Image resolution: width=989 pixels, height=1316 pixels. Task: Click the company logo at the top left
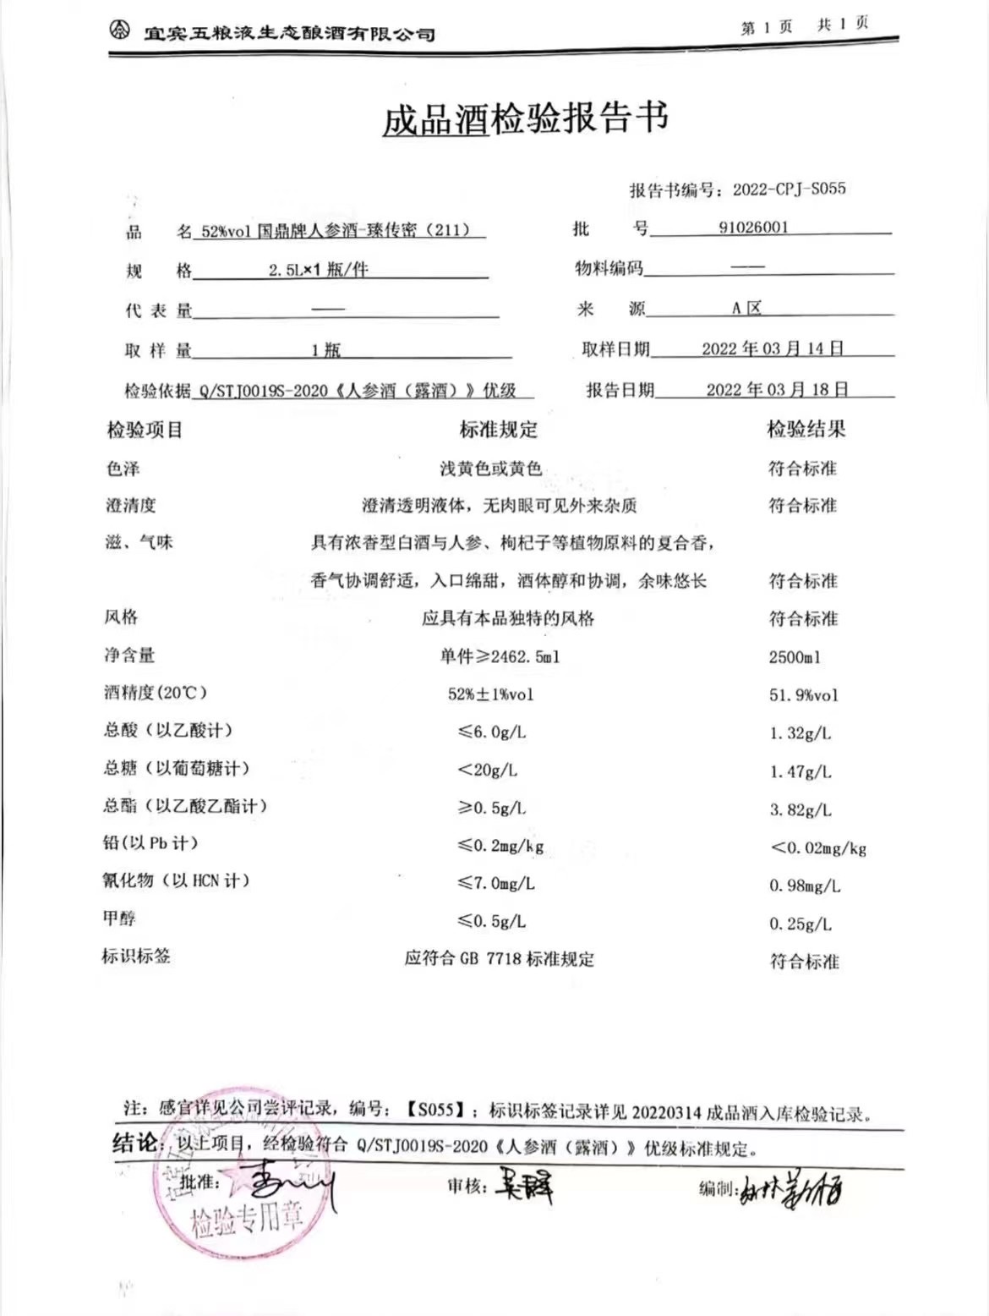pyautogui.click(x=120, y=31)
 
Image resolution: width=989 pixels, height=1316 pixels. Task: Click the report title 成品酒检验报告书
pyautogui.click(x=525, y=118)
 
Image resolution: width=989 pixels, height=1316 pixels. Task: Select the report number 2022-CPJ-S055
pyautogui.click(x=789, y=189)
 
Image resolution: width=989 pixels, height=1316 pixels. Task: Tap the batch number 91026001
pyautogui.click(x=753, y=227)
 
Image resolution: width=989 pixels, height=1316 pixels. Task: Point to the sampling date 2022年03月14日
pyautogui.click(x=773, y=348)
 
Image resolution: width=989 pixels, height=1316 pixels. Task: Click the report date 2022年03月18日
pyautogui.click(x=777, y=389)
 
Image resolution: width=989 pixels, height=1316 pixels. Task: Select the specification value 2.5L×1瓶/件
pyautogui.click(x=318, y=271)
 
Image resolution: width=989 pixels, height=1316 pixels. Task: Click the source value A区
pyautogui.click(x=746, y=308)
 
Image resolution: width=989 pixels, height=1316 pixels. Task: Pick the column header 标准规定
pyautogui.click(x=498, y=430)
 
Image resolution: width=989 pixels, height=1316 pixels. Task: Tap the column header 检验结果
pyautogui.click(x=806, y=429)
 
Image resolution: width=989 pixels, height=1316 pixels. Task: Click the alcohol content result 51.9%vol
pyautogui.click(x=803, y=695)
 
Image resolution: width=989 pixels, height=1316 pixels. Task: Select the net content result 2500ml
pyautogui.click(x=795, y=657)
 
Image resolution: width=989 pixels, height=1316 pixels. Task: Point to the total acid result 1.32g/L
pyautogui.click(x=800, y=733)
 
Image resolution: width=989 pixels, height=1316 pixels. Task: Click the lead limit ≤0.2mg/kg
pyautogui.click(x=500, y=845)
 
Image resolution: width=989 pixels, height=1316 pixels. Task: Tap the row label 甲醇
pyautogui.click(x=119, y=918)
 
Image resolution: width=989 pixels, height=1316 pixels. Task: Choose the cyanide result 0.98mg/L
pyautogui.click(x=804, y=886)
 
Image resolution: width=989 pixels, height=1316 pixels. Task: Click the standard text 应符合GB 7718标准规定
pyautogui.click(x=499, y=959)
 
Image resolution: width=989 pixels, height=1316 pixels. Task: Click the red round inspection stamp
pyautogui.click(x=230, y=1184)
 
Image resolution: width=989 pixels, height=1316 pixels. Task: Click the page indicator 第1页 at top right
pyautogui.click(x=766, y=27)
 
